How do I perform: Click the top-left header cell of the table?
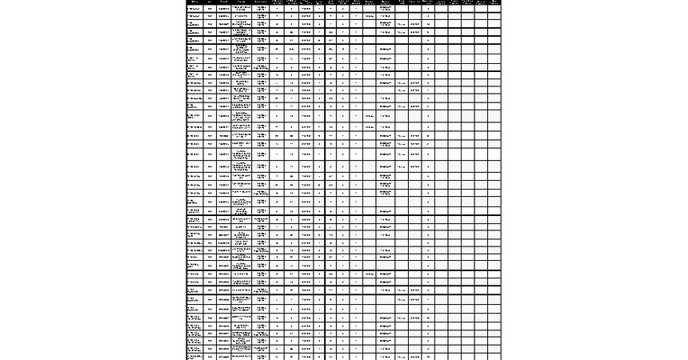click(194, 2)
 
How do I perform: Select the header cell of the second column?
click(210, 2)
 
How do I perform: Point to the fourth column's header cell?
click(241, 2)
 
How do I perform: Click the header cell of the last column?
click(494, 2)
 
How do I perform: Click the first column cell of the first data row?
click(194, 8)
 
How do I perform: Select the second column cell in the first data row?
click(210, 8)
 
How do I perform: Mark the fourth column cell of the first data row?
click(241, 8)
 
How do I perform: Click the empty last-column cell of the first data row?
click(494, 8)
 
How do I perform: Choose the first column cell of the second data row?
click(194, 15)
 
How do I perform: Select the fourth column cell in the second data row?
click(241, 15)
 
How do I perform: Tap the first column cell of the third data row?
click(194, 23)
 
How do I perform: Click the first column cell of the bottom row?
click(194, 357)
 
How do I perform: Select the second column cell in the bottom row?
click(210, 357)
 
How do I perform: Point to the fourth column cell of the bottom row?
click(241, 357)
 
